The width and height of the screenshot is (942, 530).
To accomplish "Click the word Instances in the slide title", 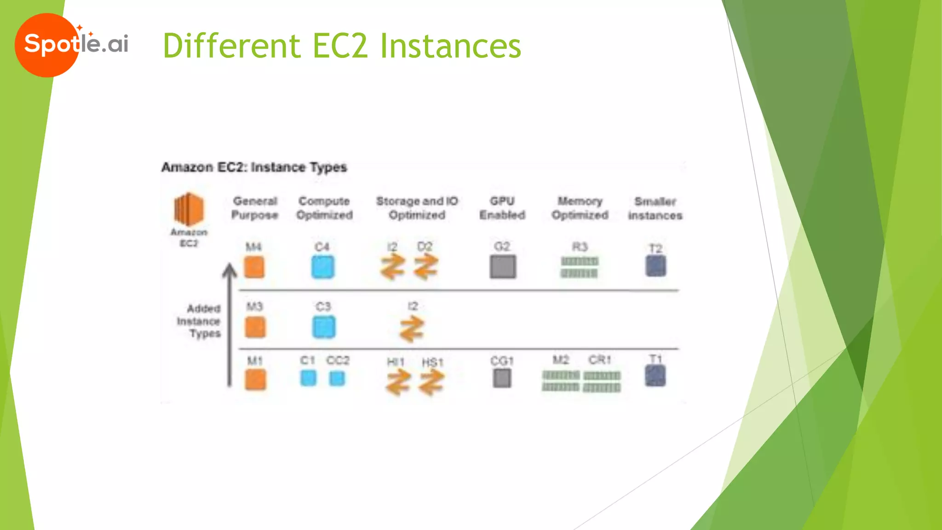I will [x=450, y=46].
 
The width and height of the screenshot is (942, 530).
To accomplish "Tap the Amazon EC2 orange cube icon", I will [x=189, y=209].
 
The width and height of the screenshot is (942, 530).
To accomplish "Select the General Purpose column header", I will [x=255, y=208].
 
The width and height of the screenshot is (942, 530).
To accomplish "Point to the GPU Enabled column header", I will [x=502, y=208].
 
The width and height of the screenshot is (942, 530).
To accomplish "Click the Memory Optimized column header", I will [x=580, y=208].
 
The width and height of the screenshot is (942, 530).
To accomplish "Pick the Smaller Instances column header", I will [x=655, y=208].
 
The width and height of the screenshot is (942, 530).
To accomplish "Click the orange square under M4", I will [x=254, y=267].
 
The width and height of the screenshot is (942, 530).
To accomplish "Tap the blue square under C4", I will [x=322, y=267].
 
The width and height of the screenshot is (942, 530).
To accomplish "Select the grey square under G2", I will [x=503, y=267].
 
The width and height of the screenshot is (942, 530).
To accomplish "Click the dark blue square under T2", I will [x=655, y=266].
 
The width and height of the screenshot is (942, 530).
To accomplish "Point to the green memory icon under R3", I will [x=579, y=267].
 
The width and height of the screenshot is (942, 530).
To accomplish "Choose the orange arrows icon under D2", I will [x=426, y=267].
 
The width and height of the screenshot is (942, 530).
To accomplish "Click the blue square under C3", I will [x=323, y=327].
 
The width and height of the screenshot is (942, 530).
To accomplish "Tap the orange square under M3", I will [x=255, y=327].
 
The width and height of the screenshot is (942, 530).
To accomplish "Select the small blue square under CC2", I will [x=337, y=379].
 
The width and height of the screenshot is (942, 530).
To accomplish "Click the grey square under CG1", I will [x=502, y=379].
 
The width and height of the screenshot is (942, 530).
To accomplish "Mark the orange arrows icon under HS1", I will [x=431, y=383].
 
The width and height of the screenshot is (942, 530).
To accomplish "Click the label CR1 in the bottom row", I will [x=600, y=359].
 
